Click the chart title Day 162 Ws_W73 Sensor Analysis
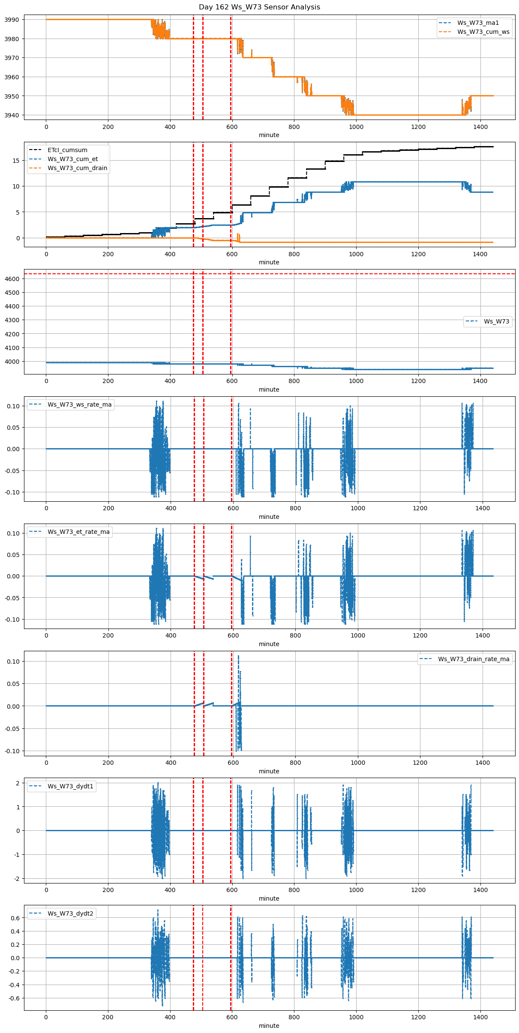259,7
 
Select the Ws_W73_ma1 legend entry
478,23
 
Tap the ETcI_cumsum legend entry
67,150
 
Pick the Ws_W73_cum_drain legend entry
77,168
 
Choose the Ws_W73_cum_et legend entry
72,159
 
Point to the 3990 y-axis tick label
12,20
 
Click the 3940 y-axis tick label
12,115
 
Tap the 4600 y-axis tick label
12,279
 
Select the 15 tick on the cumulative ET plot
16,161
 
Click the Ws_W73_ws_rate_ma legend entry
79,404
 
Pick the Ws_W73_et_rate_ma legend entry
78,532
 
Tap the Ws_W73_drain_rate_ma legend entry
474,659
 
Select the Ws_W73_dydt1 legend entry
70,786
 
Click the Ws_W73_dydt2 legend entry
70,913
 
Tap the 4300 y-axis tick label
12,320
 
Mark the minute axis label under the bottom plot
269,1026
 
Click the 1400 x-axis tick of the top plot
480,127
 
